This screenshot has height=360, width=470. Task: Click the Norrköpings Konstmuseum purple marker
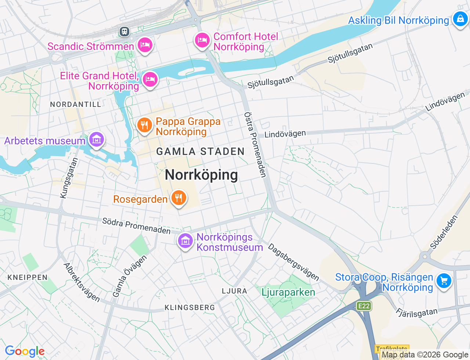(185, 241)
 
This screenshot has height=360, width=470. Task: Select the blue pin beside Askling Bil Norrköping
(460, 19)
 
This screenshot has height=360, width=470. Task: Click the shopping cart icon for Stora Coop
(444, 281)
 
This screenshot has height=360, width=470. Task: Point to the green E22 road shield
(364, 306)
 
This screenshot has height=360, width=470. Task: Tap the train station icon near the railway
(124, 32)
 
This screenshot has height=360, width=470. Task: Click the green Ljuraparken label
(288, 292)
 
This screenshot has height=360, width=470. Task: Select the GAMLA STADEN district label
(200, 151)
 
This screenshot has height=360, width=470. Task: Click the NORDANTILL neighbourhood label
(76, 104)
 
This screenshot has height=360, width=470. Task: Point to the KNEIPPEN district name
(28, 277)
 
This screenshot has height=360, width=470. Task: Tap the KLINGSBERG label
(189, 307)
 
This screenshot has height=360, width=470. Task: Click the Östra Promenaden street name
(255, 145)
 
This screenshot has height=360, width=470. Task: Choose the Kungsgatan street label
(69, 178)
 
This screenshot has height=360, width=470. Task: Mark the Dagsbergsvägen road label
(293, 262)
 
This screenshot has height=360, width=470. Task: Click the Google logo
(25, 351)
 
